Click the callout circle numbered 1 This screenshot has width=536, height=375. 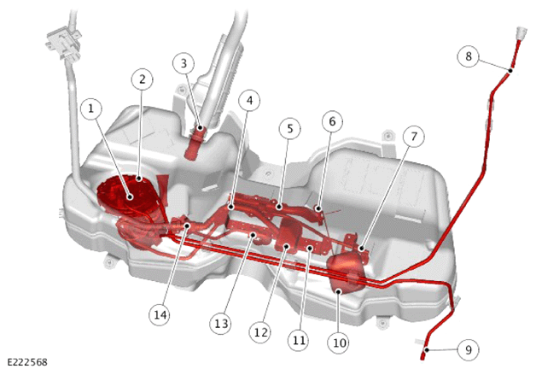[91, 108]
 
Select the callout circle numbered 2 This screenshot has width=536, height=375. [143, 79]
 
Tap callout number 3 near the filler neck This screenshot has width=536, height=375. [184, 64]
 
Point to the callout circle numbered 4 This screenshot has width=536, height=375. [250, 101]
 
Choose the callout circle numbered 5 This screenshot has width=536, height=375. [290, 129]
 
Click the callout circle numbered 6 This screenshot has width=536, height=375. [332, 121]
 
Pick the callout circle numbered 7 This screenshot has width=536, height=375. [414, 137]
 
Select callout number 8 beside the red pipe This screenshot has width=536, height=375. [469, 56]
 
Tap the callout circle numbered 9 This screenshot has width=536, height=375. [469, 349]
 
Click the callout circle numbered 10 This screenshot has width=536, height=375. [339, 343]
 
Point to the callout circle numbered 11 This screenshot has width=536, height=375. [299, 341]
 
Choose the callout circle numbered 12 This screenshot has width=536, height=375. [260, 332]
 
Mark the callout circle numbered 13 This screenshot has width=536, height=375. [220, 324]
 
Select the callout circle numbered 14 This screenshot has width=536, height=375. [160, 315]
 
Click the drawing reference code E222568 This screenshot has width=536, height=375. [27, 362]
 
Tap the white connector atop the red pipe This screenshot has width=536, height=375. [521, 33]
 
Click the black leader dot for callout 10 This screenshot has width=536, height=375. [339, 291]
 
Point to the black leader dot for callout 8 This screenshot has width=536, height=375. [510, 71]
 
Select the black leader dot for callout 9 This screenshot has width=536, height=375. [427, 350]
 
